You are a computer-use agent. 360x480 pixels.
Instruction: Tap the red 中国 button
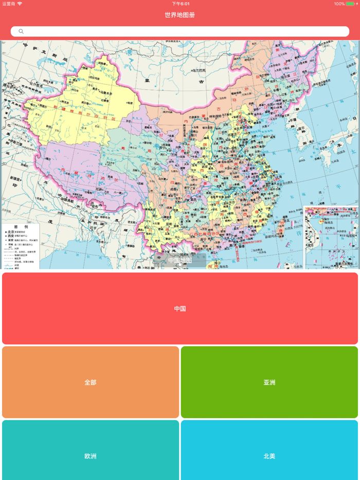[180, 308]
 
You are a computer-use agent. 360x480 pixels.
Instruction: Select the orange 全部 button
[91, 382]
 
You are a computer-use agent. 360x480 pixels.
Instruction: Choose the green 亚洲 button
[269, 382]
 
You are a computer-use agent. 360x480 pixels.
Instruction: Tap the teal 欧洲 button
[91, 456]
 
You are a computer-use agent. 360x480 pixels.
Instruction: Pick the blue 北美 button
[269, 456]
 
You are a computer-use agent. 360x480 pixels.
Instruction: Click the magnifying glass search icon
[21, 32]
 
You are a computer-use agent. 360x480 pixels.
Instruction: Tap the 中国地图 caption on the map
[180, 261]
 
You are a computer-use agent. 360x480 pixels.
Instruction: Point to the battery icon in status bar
[350, 4]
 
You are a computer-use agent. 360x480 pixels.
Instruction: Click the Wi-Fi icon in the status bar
[20, 4]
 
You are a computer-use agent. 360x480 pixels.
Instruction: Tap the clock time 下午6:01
[181, 4]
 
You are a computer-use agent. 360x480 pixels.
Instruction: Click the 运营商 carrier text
[9, 4]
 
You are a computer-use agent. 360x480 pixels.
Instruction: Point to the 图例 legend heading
[21, 227]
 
